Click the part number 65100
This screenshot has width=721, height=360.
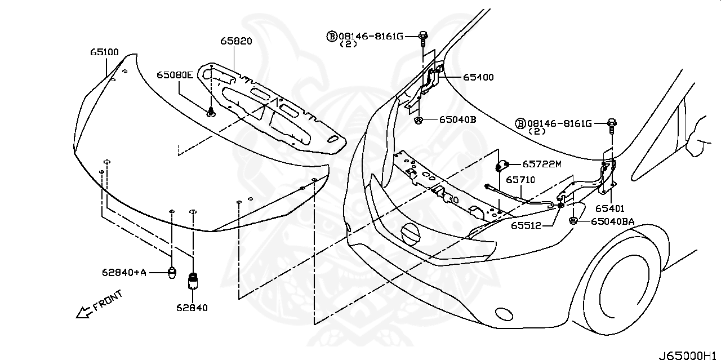click(104, 52)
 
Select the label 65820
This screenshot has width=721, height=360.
click(236, 41)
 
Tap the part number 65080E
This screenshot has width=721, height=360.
click(175, 75)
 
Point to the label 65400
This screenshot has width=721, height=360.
click(478, 77)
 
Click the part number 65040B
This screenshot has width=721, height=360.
click(457, 119)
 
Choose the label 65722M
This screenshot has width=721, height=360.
click(542, 165)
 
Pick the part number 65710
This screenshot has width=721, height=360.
click(520, 180)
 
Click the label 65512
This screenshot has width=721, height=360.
click(526, 225)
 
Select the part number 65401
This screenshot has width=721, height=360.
click(610, 208)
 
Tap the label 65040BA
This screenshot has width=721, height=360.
click(613, 221)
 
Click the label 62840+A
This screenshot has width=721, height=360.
click(124, 273)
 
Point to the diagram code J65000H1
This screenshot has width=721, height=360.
click(689, 355)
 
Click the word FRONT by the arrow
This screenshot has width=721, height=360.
click(107, 301)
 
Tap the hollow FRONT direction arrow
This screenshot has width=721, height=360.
click(84, 312)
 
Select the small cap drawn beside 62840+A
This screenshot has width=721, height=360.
click(173, 273)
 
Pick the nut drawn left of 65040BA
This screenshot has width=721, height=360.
click(573, 221)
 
